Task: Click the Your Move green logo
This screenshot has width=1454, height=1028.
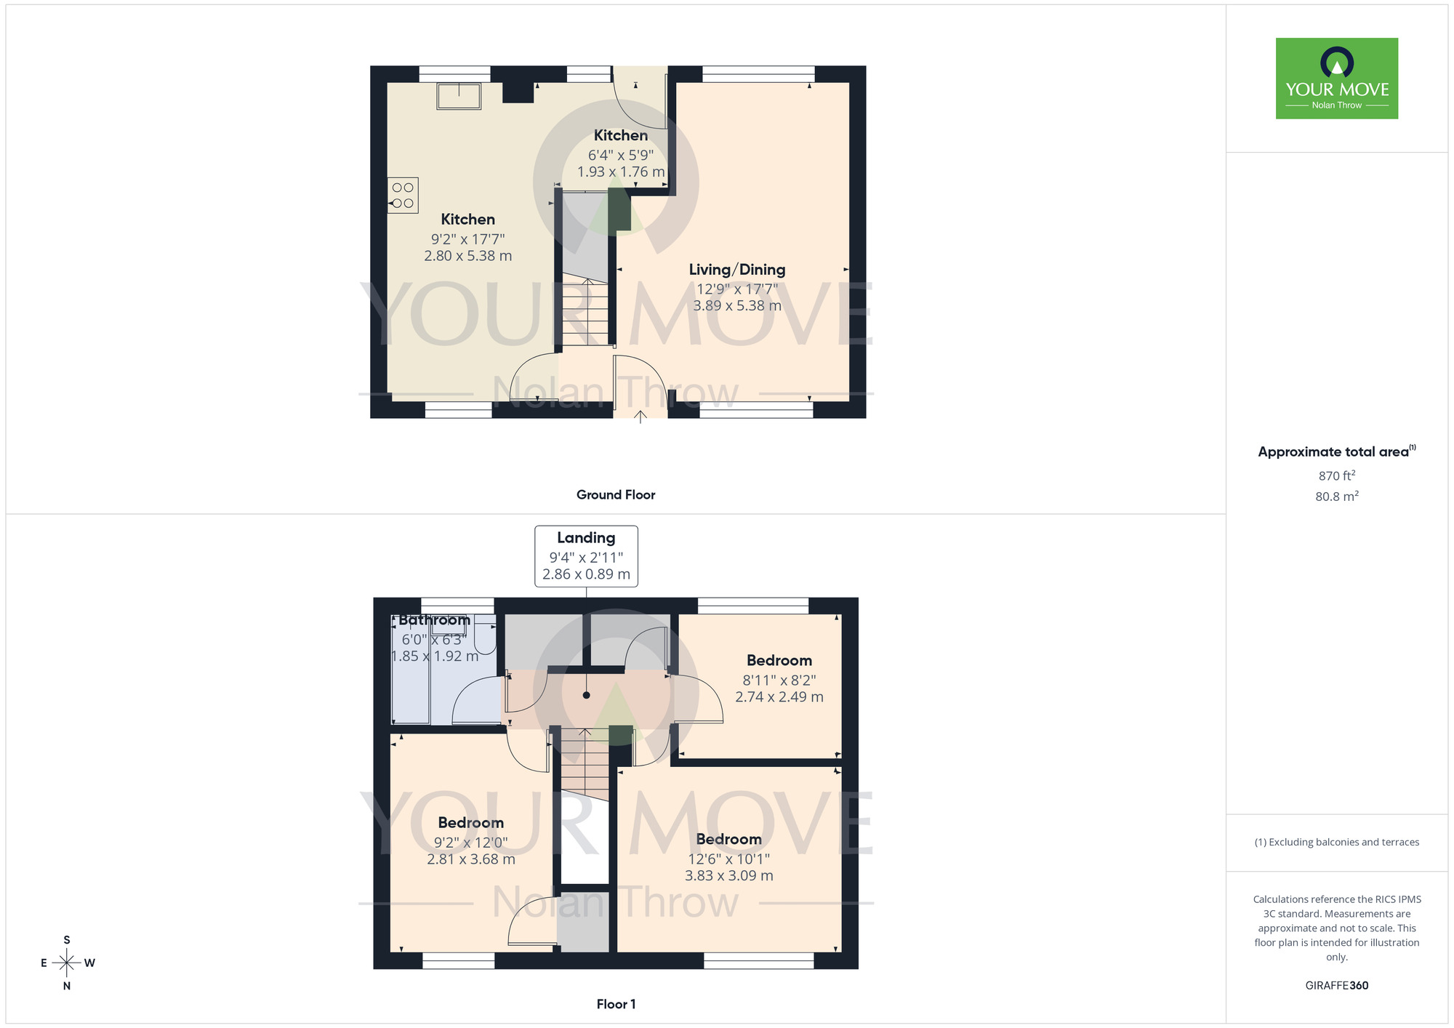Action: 1336,79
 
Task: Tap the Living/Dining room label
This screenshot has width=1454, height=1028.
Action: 737,270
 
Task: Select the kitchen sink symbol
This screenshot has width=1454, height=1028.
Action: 459,96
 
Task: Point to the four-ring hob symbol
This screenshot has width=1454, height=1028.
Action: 403,196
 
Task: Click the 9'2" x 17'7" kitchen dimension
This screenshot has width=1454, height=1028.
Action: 467,239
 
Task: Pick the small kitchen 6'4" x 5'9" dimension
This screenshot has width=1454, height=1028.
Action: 620,155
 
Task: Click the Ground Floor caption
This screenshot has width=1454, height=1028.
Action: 616,495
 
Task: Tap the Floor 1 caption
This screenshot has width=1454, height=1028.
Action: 616,1004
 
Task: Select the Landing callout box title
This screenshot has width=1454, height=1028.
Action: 586,538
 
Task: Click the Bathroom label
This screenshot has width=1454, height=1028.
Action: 434,620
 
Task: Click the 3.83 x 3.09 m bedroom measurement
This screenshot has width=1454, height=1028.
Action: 728,876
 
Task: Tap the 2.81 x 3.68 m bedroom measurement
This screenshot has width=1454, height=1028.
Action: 471,859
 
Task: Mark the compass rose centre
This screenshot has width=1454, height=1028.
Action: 67,963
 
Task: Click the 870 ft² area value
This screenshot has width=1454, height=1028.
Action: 1336,476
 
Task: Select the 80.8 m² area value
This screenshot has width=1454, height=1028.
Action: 1336,497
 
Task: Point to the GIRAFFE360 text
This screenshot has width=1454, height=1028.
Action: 1336,986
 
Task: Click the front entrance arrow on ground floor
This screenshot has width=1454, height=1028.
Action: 640,417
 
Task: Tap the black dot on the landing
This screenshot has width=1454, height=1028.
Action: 587,695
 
